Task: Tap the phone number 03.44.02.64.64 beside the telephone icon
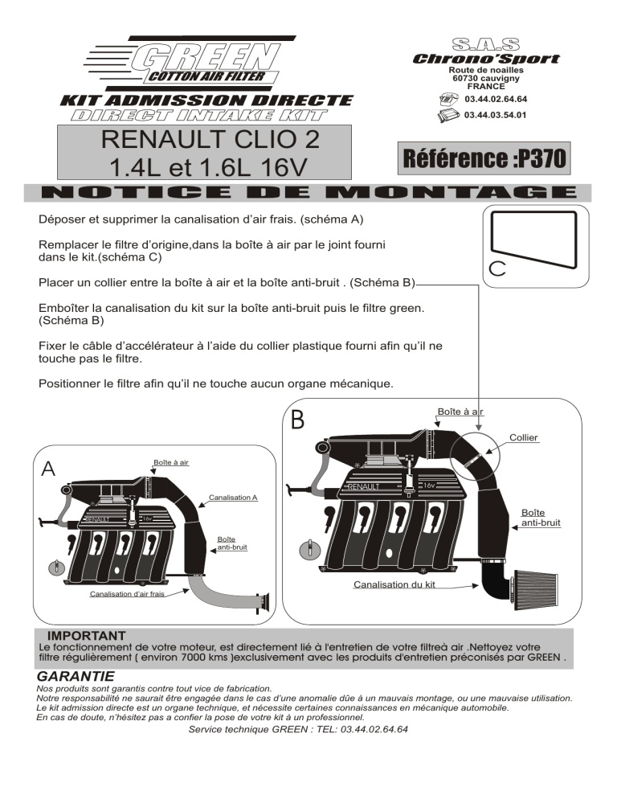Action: (496, 99)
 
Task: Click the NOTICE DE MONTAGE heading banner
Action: (308, 193)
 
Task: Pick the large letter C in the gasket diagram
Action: (496, 269)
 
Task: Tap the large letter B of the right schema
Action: (298, 420)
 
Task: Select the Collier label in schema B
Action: (524, 438)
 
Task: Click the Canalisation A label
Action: (232, 498)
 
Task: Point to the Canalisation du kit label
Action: (394, 584)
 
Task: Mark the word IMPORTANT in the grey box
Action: (86, 635)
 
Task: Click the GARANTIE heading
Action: (76, 677)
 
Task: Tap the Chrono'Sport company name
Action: (485, 59)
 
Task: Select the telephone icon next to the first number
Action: (448, 99)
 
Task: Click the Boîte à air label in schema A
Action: (171, 462)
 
